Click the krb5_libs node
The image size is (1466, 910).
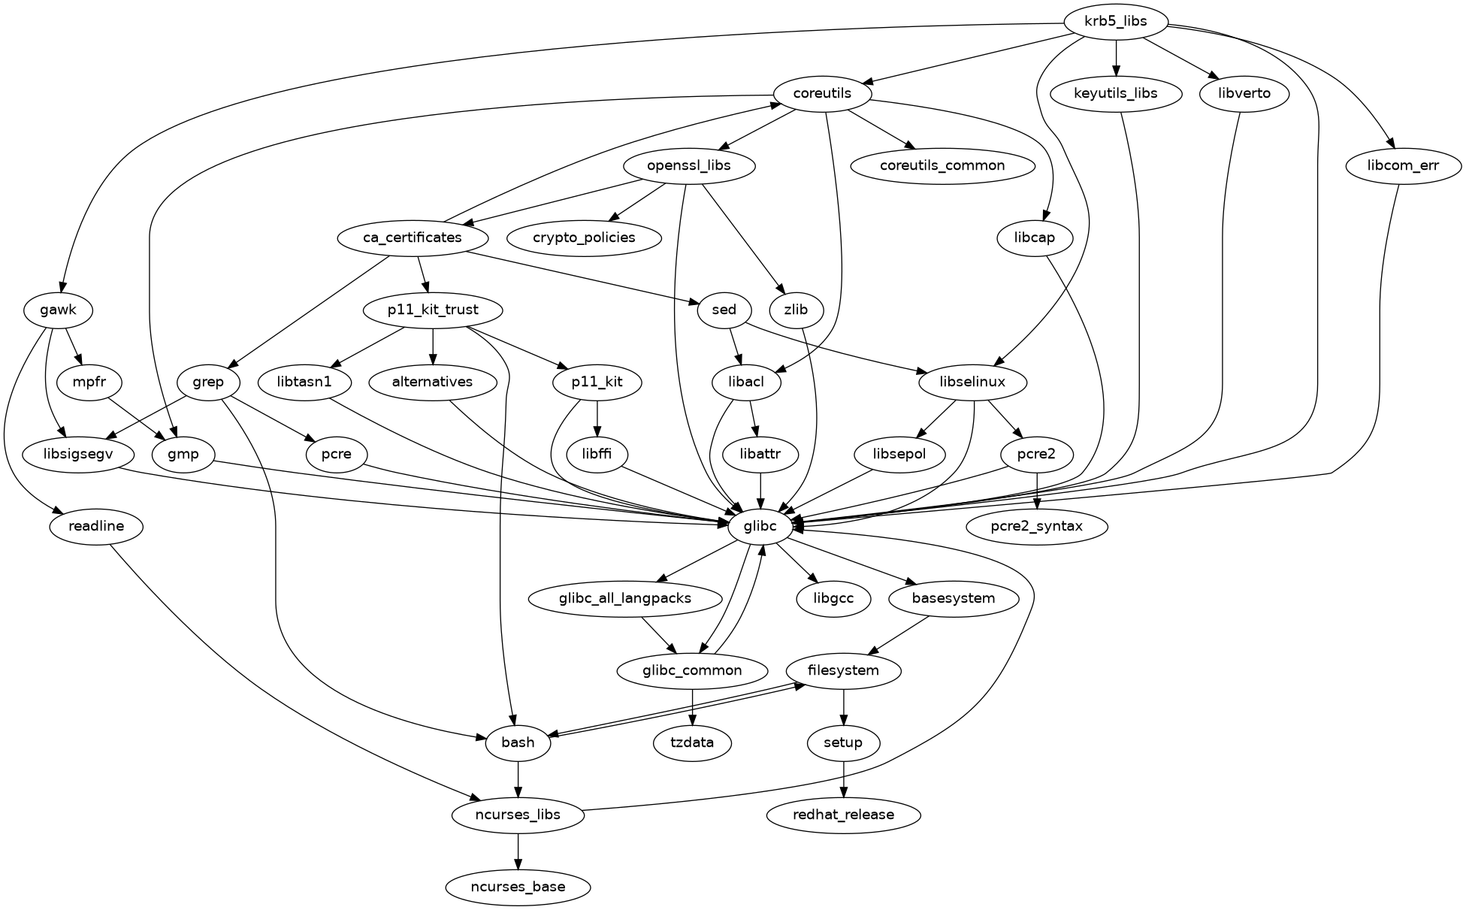1116,21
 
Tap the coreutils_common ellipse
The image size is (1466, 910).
942,165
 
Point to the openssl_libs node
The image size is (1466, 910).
688,165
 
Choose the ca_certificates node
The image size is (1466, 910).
413,237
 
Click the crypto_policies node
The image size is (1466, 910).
584,237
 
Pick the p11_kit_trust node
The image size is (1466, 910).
433,310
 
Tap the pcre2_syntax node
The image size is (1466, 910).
1037,526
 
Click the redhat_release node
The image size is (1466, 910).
844,815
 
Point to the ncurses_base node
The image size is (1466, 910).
518,887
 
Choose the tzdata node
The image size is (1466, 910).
692,742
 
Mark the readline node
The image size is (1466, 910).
95,526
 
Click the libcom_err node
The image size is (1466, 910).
1404,165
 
